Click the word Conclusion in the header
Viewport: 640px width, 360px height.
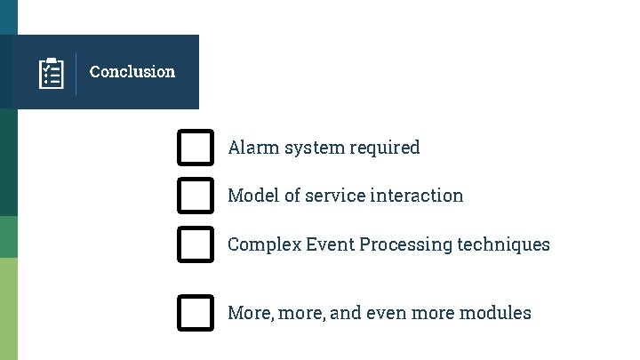[x=132, y=72]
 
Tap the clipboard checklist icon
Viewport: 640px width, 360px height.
[x=52, y=73]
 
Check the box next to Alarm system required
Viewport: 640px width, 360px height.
[x=196, y=148]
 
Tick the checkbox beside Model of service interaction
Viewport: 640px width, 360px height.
[x=196, y=196]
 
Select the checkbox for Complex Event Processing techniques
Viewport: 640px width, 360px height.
[x=196, y=244]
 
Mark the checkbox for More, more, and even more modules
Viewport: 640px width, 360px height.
[x=196, y=313]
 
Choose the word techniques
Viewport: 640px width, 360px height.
[x=504, y=244]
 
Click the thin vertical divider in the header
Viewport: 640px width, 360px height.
[x=76, y=73]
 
